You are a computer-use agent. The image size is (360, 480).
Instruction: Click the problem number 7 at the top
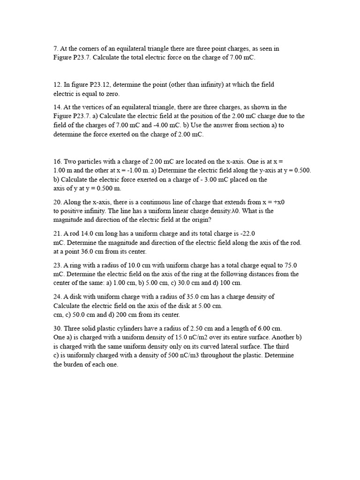click(x=55, y=48)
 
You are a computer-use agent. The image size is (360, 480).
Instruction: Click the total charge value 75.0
click(x=290, y=265)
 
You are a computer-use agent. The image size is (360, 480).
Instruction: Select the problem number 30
click(x=57, y=328)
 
